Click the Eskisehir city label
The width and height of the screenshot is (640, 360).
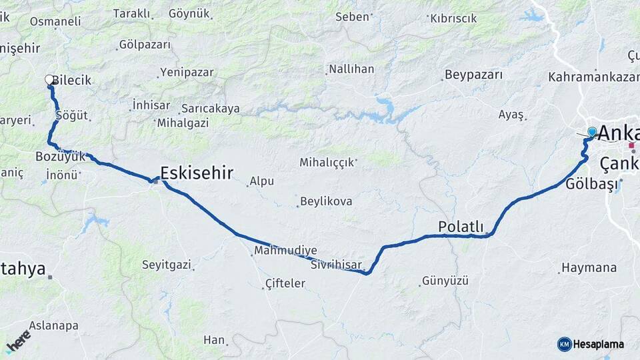[197, 174]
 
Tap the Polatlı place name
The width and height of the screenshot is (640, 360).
[461, 227]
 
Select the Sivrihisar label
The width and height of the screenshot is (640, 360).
[336, 265]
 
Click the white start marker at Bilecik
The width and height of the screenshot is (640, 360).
[50, 80]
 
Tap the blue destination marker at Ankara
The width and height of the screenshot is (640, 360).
[591, 132]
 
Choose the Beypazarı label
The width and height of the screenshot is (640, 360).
[473, 75]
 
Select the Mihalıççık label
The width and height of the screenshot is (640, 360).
[327, 162]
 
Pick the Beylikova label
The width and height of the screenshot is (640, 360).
[326, 201]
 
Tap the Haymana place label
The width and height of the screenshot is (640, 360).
[589, 268]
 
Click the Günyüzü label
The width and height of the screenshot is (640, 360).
[447, 281]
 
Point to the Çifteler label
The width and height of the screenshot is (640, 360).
[285, 283]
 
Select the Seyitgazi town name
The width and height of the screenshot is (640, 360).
[167, 265]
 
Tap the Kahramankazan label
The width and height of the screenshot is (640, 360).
[593, 77]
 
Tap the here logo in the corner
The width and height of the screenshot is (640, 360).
[18, 341]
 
